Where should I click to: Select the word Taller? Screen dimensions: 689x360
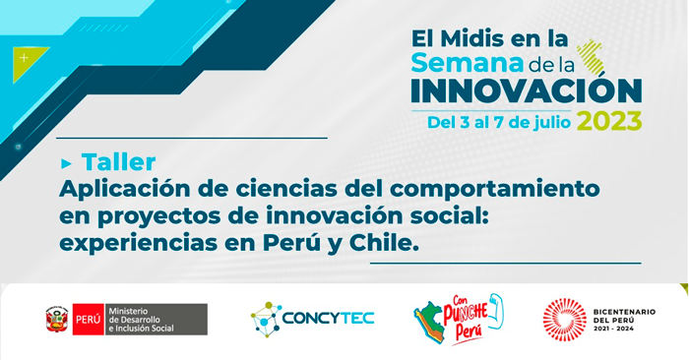coord(119,161)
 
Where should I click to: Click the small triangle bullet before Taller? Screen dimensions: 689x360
coord(66,163)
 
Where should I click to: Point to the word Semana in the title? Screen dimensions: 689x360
coord(468,63)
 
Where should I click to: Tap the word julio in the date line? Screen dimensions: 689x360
coord(552,123)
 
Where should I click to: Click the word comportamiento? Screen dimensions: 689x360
coord(495,190)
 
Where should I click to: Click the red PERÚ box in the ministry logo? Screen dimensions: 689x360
coord(89,319)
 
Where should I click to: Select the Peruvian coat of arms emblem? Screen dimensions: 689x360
coord(57,319)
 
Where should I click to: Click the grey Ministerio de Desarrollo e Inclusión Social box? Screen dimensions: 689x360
coord(156,319)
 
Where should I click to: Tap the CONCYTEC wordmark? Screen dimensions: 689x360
coord(328,319)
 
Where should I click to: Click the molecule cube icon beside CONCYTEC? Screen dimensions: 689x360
coord(267,319)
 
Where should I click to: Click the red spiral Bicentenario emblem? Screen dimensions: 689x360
coord(565,320)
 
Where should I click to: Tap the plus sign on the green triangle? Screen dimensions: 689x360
coord(25,58)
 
